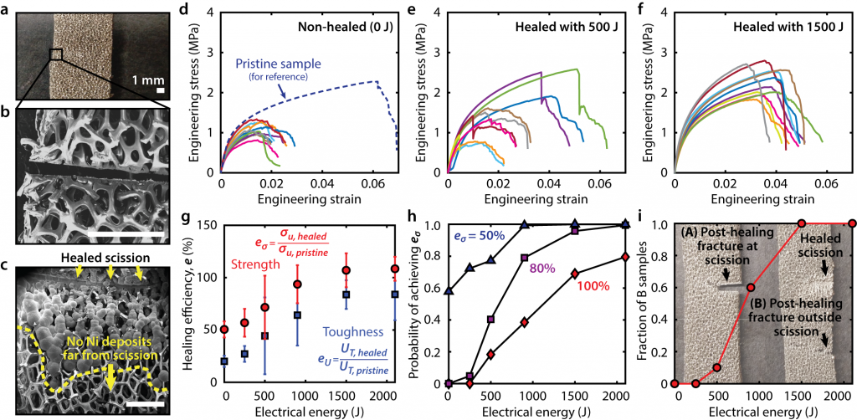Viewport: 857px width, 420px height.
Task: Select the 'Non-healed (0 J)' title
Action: point(363,27)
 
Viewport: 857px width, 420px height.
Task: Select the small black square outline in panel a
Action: point(55,54)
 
